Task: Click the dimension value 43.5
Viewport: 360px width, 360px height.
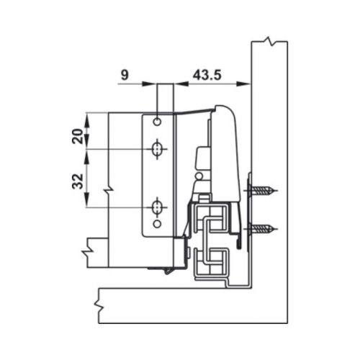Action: [208, 75]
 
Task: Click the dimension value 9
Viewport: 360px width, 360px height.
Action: [125, 75]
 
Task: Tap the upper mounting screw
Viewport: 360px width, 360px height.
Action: [263, 192]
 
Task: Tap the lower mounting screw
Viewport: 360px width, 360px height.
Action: [263, 230]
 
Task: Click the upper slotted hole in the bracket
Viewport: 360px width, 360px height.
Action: [157, 149]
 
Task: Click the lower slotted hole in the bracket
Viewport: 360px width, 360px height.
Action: [157, 207]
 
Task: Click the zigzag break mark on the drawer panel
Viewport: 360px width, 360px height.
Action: [109, 190]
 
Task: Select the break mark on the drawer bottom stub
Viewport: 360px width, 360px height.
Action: [86, 250]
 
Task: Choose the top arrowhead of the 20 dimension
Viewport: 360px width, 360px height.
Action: [88, 117]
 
